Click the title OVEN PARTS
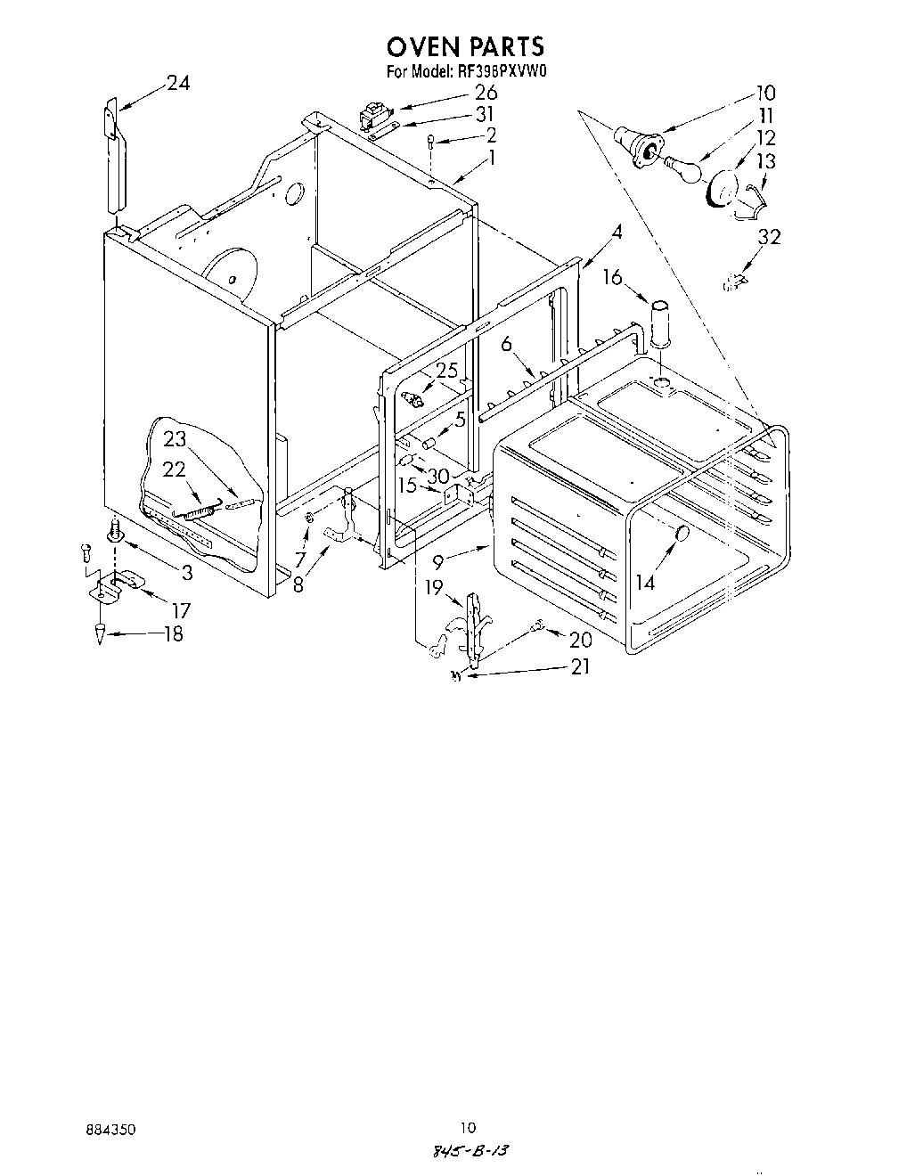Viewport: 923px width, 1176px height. [x=466, y=46]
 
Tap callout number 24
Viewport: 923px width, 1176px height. [x=178, y=84]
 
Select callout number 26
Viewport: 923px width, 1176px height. [x=485, y=93]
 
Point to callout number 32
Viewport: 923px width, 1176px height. [x=768, y=237]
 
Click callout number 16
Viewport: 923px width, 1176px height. [x=611, y=278]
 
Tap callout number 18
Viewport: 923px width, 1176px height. [x=173, y=634]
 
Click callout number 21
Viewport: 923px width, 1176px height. [x=579, y=666]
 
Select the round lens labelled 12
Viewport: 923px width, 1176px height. [x=720, y=190]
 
